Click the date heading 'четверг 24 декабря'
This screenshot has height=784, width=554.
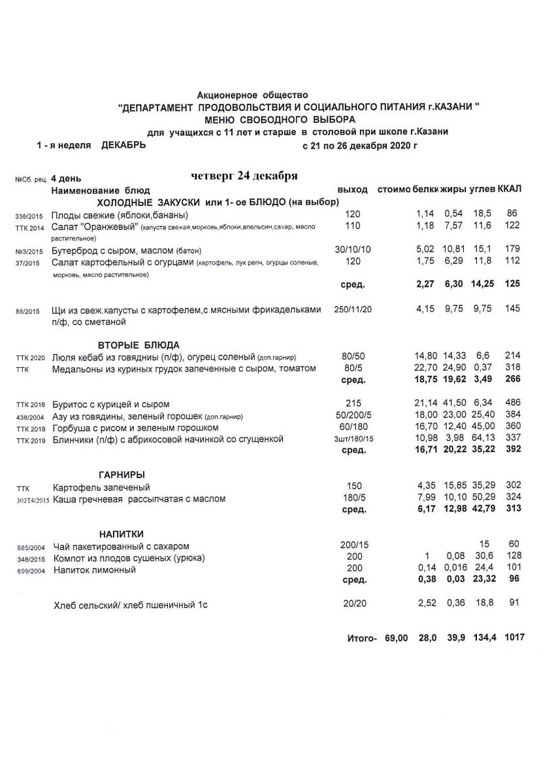pos(245,176)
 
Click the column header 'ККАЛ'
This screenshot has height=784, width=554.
pos(510,189)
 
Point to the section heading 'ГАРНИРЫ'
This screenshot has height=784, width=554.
pos(122,474)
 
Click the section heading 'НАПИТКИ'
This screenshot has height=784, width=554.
pos(122,533)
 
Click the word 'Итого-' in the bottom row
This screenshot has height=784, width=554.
pos(363,638)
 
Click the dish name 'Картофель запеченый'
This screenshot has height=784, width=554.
pos(101,487)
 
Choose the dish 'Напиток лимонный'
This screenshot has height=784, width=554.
pos(94,570)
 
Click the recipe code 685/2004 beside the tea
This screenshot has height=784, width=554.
pos(29,547)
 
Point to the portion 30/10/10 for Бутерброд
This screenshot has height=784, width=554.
pos(353,250)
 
